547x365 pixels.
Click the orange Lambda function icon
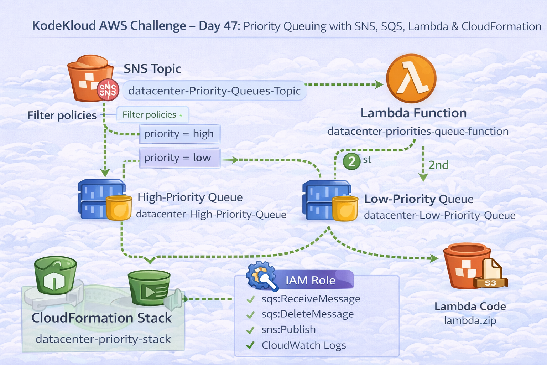411,79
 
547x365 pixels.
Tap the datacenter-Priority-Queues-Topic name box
214,91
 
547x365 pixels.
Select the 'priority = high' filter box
179,134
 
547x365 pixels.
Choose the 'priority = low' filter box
179,158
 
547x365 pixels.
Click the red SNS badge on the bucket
108,89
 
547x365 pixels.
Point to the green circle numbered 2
351,161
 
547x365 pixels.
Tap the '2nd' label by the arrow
438,165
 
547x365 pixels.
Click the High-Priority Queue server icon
101,199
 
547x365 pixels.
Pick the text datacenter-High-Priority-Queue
211,214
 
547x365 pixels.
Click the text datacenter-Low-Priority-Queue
439,215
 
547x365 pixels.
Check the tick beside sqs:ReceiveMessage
251,299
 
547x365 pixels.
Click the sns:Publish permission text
288,329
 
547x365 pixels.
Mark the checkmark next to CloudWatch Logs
251,345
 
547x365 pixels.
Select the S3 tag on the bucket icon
490,283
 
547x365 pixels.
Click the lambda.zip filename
470,320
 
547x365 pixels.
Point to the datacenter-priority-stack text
103,339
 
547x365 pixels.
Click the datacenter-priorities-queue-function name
418,132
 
